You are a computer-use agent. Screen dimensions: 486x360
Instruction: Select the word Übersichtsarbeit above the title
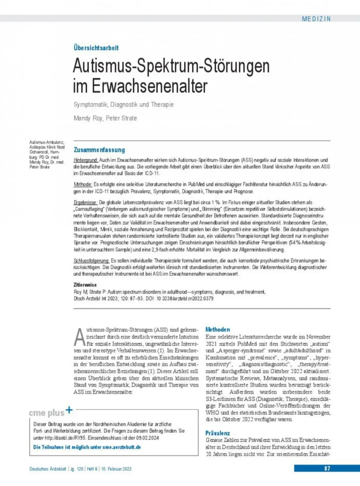[x=95, y=48]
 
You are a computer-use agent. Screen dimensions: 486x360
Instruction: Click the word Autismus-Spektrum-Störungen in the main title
[x=171, y=66]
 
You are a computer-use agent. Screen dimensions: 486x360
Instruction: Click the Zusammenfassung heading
[x=99, y=150]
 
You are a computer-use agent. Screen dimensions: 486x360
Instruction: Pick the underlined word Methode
[x=83, y=184]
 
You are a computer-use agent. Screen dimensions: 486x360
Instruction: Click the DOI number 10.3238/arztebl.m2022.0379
[x=184, y=299]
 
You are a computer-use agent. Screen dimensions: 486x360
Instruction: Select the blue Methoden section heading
[x=218, y=329]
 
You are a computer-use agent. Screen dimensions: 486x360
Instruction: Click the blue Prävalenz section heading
[x=218, y=433]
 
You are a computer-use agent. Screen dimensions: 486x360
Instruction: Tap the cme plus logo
[x=52, y=411]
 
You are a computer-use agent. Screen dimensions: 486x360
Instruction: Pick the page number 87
[x=327, y=468]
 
